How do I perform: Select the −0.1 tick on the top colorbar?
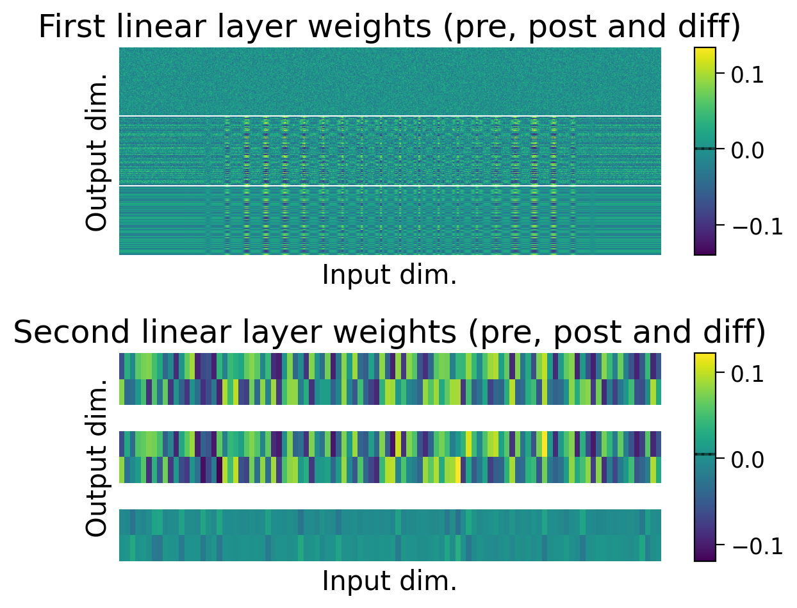click(750, 226)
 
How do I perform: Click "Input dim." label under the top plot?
click(389, 275)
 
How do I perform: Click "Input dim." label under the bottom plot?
click(389, 581)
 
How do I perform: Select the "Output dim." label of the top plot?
click(97, 151)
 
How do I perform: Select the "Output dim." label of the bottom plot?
click(97, 457)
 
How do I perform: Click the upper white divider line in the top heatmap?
click(389, 116)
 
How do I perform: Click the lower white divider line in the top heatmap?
click(389, 186)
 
